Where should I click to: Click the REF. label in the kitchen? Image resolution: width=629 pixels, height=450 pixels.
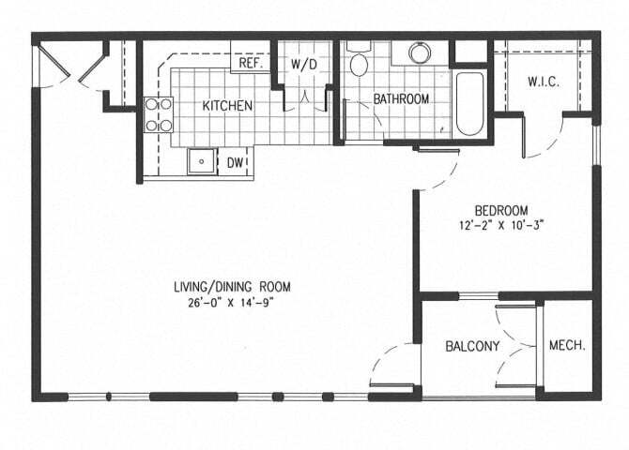(x=251, y=63)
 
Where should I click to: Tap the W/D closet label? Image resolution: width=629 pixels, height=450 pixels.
(x=303, y=64)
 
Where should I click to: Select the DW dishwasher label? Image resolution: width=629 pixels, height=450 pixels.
(x=235, y=163)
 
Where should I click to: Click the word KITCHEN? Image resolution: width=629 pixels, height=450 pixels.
(x=227, y=106)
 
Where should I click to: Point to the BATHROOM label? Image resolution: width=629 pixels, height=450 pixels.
(x=401, y=99)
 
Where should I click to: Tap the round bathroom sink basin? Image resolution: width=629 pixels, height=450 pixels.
(x=420, y=52)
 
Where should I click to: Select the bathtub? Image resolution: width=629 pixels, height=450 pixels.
(x=469, y=104)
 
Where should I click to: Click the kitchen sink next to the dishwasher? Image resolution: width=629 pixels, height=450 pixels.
(x=202, y=161)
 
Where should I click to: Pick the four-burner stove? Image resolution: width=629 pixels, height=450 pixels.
(x=159, y=115)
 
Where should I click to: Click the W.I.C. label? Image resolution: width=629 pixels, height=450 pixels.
(x=544, y=82)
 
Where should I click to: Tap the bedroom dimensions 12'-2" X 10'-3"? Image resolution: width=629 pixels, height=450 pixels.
(x=501, y=225)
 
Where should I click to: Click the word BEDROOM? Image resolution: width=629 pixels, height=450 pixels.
(x=501, y=210)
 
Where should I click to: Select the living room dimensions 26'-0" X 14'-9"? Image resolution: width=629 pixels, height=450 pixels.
(x=231, y=302)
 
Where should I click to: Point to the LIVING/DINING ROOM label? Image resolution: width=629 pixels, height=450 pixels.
(x=232, y=287)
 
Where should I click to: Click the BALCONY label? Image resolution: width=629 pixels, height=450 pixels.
(x=472, y=346)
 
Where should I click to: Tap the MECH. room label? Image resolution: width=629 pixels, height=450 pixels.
(x=567, y=345)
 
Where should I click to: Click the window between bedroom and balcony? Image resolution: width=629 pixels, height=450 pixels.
(x=479, y=296)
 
